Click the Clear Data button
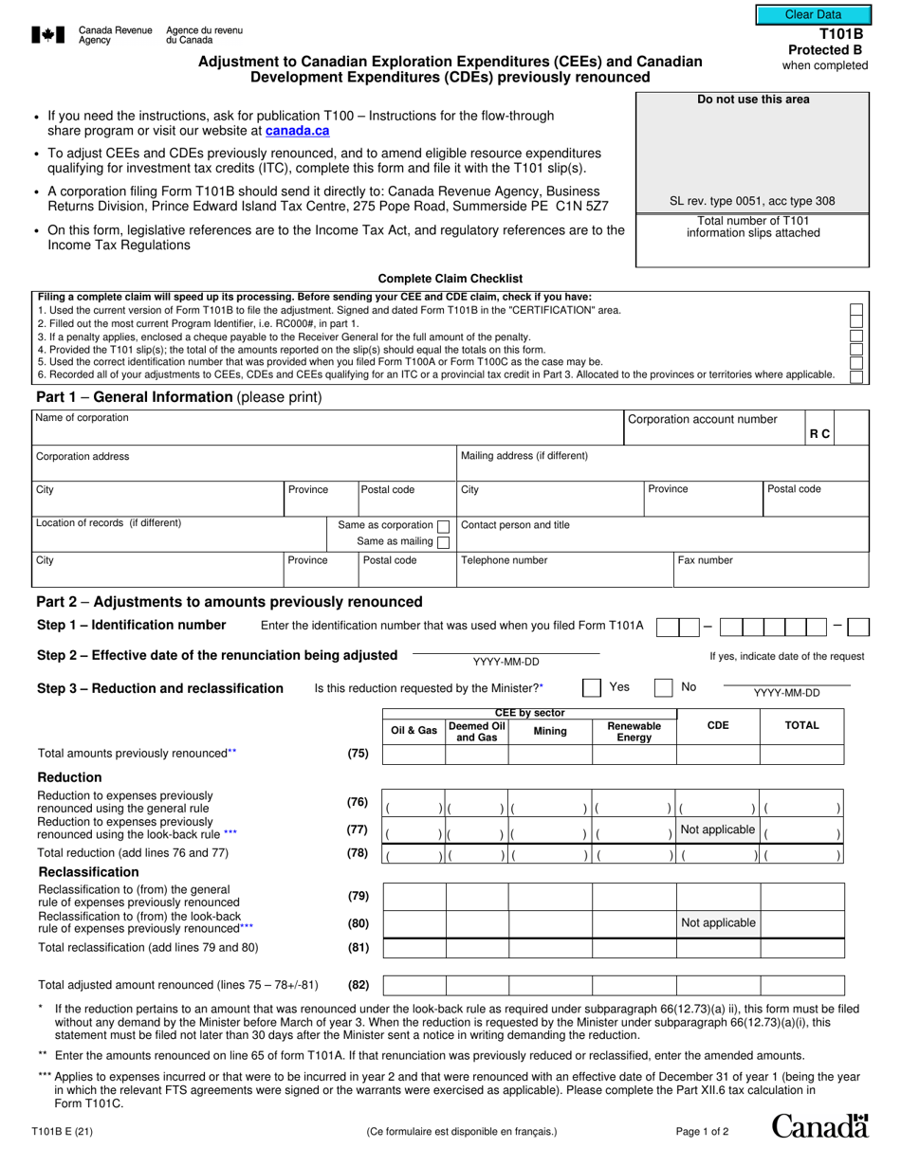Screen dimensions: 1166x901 click(x=813, y=15)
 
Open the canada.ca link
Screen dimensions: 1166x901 click(x=297, y=131)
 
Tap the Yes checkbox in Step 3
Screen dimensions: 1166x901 click(x=591, y=687)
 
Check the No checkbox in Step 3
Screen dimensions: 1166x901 click(x=664, y=687)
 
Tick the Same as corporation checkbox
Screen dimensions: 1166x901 click(x=443, y=525)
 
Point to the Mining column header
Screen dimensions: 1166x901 click(x=550, y=732)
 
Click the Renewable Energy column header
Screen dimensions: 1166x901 click(x=634, y=732)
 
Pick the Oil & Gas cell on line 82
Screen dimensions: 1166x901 click(x=414, y=985)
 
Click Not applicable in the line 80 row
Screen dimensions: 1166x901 click(x=718, y=922)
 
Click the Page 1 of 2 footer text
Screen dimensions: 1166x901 click(x=702, y=1131)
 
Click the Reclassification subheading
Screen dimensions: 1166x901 click(x=88, y=872)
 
